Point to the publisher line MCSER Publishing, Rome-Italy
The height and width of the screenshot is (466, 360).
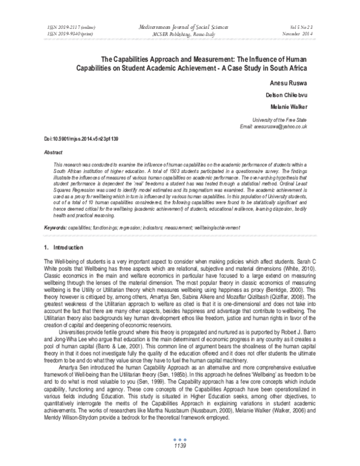179,34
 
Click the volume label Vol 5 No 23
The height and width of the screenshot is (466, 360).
307,28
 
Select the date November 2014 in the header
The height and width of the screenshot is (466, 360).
305,34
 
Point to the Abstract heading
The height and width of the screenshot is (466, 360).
54,153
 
